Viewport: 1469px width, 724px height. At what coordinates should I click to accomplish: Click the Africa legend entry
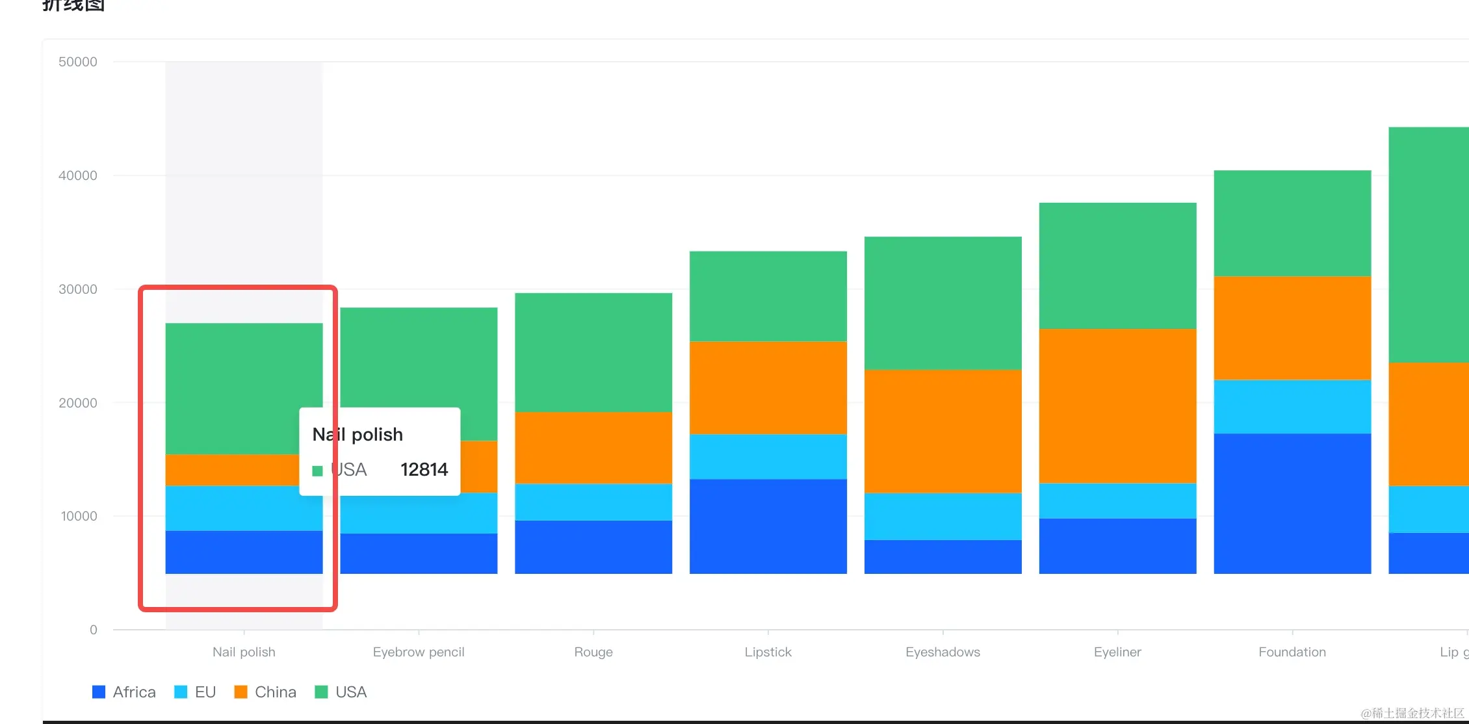(x=124, y=692)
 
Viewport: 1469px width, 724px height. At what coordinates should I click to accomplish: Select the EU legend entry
(x=195, y=692)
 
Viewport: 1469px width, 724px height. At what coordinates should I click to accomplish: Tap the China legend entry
(x=265, y=692)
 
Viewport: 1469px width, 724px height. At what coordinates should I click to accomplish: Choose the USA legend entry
(x=341, y=692)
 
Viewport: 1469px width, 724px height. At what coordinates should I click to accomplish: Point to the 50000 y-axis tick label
(x=78, y=62)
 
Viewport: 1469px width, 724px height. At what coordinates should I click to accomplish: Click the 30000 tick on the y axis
(x=78, y=289)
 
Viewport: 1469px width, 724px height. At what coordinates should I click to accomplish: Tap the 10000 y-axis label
(x=79, y=516)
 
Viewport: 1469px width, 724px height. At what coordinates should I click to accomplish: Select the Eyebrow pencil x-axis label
(x=419, y=652)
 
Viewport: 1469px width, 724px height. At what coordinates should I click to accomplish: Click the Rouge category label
(x=593, y=652)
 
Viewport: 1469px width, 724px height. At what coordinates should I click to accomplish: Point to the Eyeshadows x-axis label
(x=942, y=652)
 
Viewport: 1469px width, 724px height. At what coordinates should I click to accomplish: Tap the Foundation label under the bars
(x=1292, y=652)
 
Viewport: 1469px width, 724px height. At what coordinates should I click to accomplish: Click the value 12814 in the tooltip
(x=424, y=469)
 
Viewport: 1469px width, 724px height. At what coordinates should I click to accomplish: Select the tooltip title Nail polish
(x=357, y=434)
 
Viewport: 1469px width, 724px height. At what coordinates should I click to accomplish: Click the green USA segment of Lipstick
(x=768, y=296)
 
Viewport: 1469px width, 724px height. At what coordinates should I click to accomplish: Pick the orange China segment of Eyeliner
(x=1117, y=406)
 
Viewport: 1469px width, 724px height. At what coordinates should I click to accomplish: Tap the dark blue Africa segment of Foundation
(x=1292, y=503)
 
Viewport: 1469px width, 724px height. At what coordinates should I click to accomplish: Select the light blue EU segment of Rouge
(x=593, y=502)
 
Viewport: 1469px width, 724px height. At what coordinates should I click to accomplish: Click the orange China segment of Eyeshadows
(x=942, y=431)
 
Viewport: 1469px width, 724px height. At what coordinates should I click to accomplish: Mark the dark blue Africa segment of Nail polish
(x=244, y=552)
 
